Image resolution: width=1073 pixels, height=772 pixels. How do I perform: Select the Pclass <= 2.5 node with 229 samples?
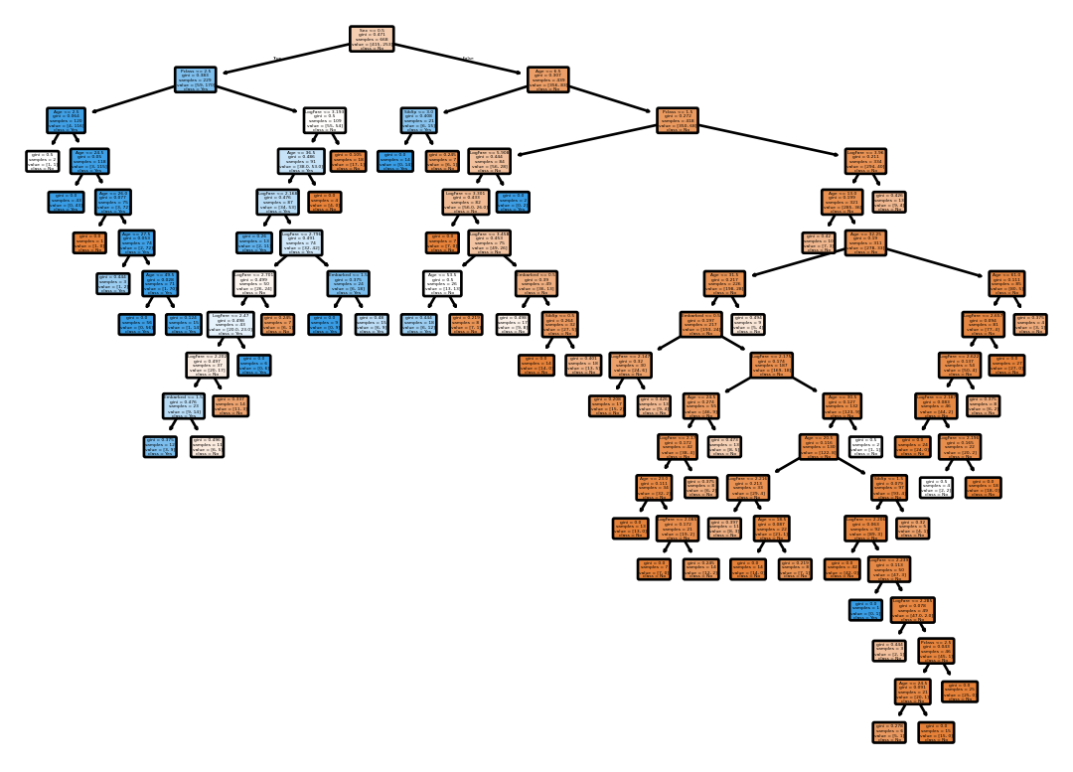195,79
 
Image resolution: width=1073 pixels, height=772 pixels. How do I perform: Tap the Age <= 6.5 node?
548,79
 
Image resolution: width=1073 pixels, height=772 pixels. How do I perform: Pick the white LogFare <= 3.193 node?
324,120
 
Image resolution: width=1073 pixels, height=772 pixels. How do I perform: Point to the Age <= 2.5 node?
66,120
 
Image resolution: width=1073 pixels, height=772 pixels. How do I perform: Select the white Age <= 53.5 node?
443,283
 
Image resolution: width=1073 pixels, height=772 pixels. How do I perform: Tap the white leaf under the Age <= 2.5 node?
42,161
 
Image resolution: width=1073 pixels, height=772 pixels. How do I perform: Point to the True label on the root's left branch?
279,59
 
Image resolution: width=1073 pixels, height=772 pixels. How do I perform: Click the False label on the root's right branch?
468,59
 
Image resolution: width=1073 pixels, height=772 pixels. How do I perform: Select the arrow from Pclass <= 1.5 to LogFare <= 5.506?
586,137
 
